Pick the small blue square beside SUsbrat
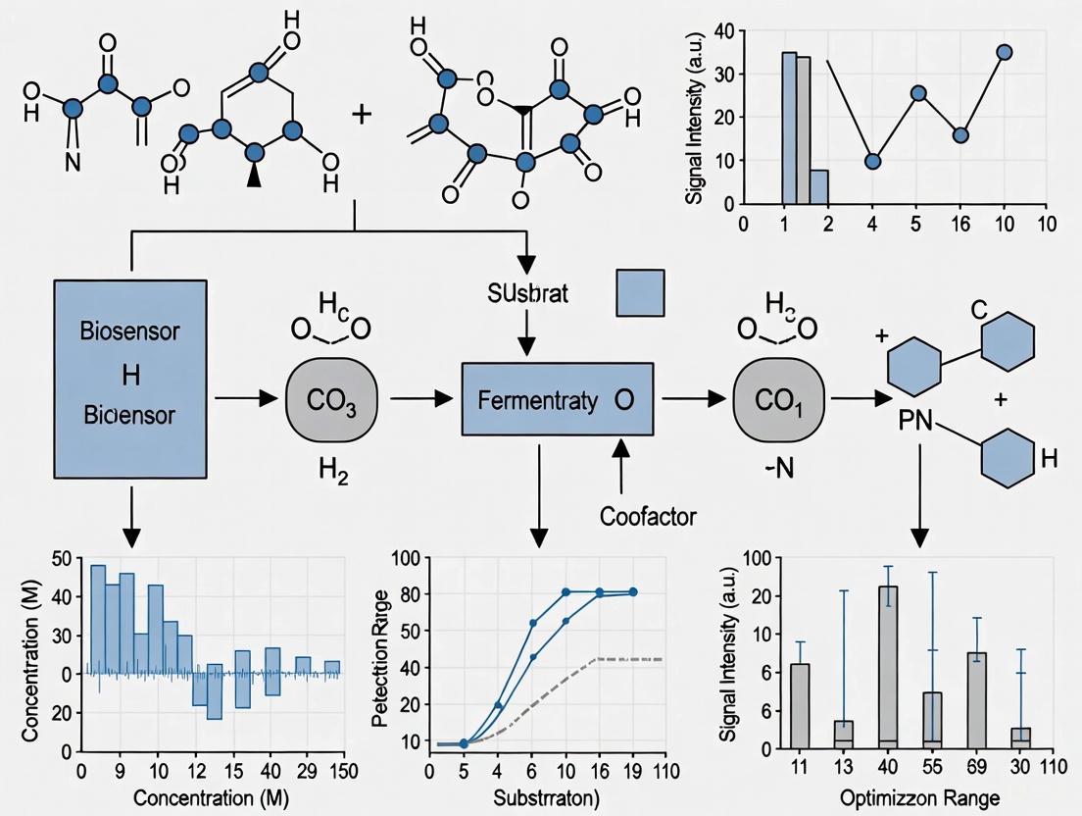[640, 293]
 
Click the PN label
[913, 425]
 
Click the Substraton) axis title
[535, 796]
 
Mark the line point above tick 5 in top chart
[918, 93]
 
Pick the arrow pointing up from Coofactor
[619, 466]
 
